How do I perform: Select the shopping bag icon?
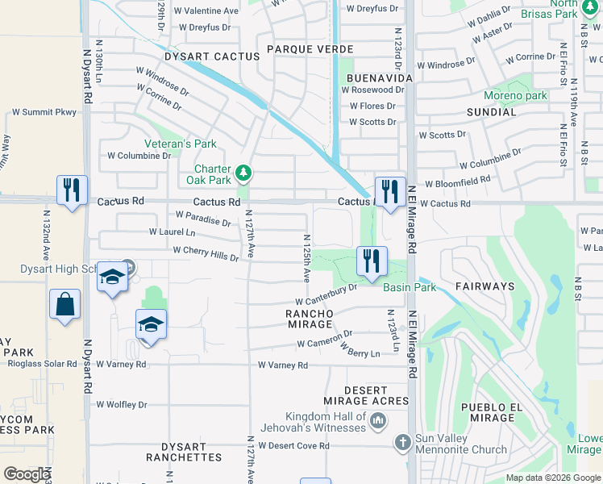pyautogui.click(x=64, y=305)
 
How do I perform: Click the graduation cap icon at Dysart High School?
pyautogui.click(x=111, y=278)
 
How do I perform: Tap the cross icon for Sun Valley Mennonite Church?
pyautogui.click(x=403, y=443)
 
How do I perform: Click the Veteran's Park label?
pyautogui.click(x=181, y=144)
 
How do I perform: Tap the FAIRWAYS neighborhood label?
pyautogui.click(x=484, y=286)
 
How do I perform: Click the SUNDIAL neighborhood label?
pyautogui.click(x=491, y=112)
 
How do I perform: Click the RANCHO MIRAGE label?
pyautogui.click(x=310, y=319)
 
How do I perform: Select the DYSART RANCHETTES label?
pyautogui.click(x=184, y=452)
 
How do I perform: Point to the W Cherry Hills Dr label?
pyautogui.click(x=206, y=253)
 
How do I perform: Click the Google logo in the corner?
pyautogui.click(x=27, y=474)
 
